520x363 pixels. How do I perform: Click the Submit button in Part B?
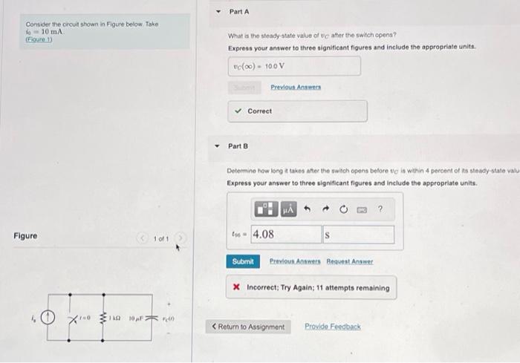(243, 261)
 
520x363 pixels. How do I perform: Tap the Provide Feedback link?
(332, 327)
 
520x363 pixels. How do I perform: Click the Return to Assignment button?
(248, 327)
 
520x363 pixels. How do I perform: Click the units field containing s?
(358, 235)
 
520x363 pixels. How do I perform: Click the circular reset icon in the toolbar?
(342, 210)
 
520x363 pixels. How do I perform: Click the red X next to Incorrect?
(235, 288)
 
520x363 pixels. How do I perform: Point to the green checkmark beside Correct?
(238, 111)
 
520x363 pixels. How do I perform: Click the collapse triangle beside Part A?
(218, 13)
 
